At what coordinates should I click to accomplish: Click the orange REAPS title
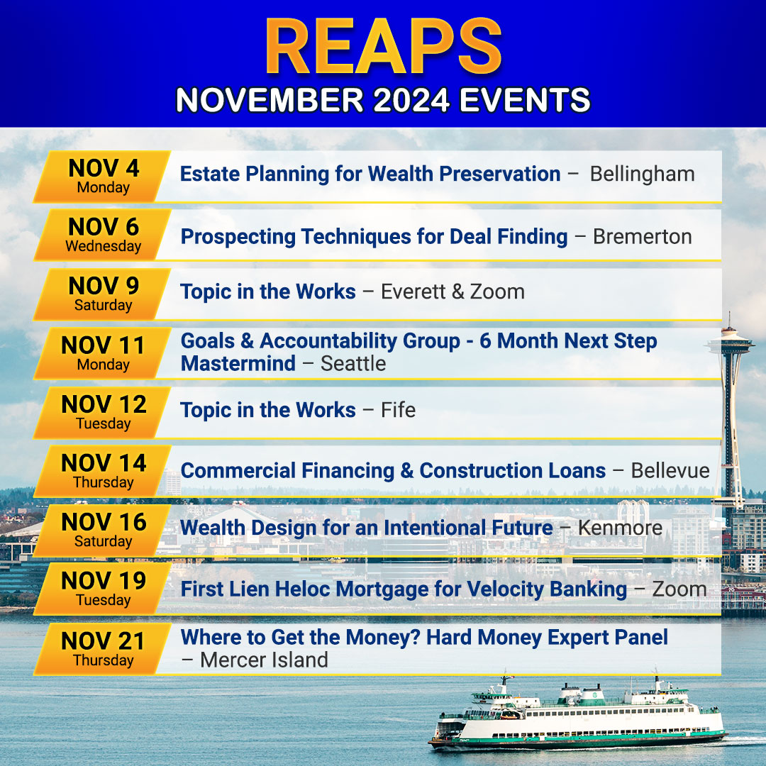(x=384, y=47)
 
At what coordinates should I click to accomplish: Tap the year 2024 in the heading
(x=411, y=100)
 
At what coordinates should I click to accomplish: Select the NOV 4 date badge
(x=103, y=177)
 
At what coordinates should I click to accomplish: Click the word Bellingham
(x=642, y=174)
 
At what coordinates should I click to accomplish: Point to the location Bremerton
(x=643, y=236)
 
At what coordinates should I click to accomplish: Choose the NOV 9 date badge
(x=103, y=294)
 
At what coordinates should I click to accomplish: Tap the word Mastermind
(x=238, y=363)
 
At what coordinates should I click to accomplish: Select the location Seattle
(x=353, y=363)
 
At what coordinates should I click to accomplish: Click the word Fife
(x=398, y=410)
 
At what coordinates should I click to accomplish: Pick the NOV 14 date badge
(x=103, y=471)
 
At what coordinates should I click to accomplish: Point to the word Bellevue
(x=670, y=470)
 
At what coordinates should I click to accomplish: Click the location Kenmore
(x=621, y=528)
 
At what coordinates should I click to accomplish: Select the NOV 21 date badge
(x=103, y=649)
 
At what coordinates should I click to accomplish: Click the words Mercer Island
(x=264, y=660)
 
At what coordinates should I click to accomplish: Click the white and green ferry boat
(x=577, y=714)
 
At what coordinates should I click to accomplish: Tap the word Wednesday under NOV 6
(x=103, y=245)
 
